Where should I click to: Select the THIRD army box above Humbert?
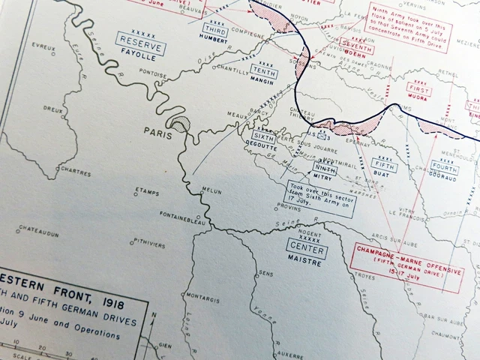214,30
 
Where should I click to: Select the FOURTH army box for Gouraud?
445,165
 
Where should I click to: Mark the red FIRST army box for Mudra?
420,90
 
